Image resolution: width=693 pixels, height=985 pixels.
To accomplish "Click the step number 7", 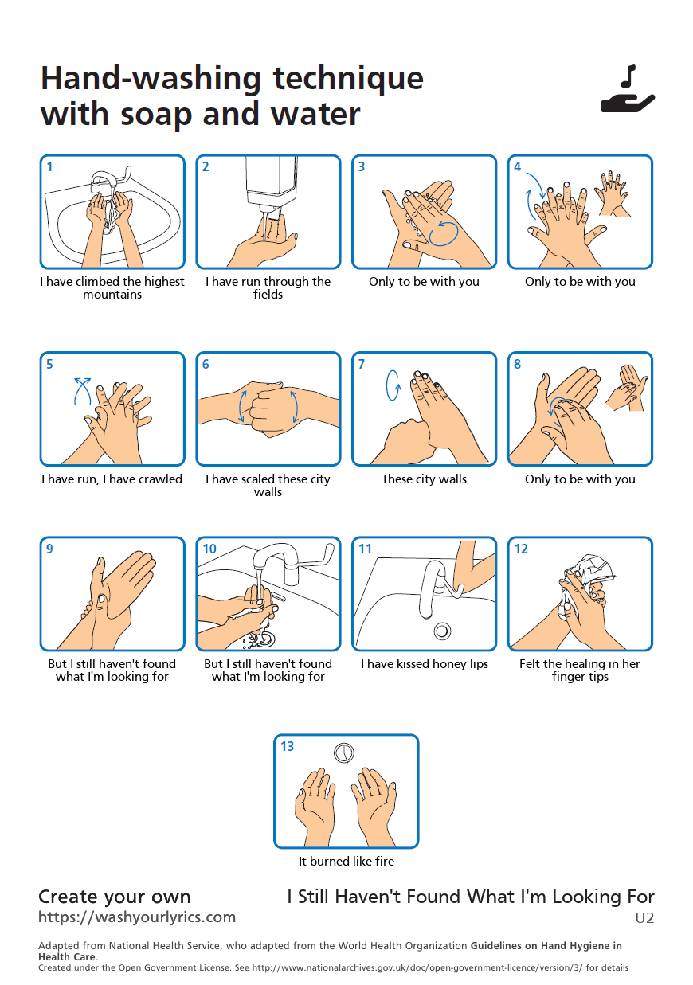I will click(362, 365).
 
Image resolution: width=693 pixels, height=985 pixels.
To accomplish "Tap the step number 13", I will click(287, 747).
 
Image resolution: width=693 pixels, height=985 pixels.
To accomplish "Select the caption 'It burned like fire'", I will click(346, 862).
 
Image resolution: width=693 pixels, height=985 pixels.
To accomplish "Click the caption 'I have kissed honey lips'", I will click(425, 664).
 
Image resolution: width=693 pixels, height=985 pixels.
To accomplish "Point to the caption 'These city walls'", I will click(425, 479).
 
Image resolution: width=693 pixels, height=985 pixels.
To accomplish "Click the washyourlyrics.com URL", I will click(137, 917).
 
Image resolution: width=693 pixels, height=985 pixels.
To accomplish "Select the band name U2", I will click(644, 918).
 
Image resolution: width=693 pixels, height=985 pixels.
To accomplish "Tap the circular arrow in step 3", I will click(444, 233).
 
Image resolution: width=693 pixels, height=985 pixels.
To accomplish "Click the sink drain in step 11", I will click(442, 631).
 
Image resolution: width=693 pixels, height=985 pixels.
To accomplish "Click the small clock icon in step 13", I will click(344, 752).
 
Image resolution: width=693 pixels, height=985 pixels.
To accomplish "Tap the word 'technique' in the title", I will click(348, 78).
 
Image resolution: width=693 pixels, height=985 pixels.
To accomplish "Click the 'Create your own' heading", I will click(115, 897).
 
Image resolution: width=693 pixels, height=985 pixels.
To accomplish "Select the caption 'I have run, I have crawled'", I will click(112, 479).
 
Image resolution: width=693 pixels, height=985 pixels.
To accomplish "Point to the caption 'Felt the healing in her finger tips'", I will click(580, 670).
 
